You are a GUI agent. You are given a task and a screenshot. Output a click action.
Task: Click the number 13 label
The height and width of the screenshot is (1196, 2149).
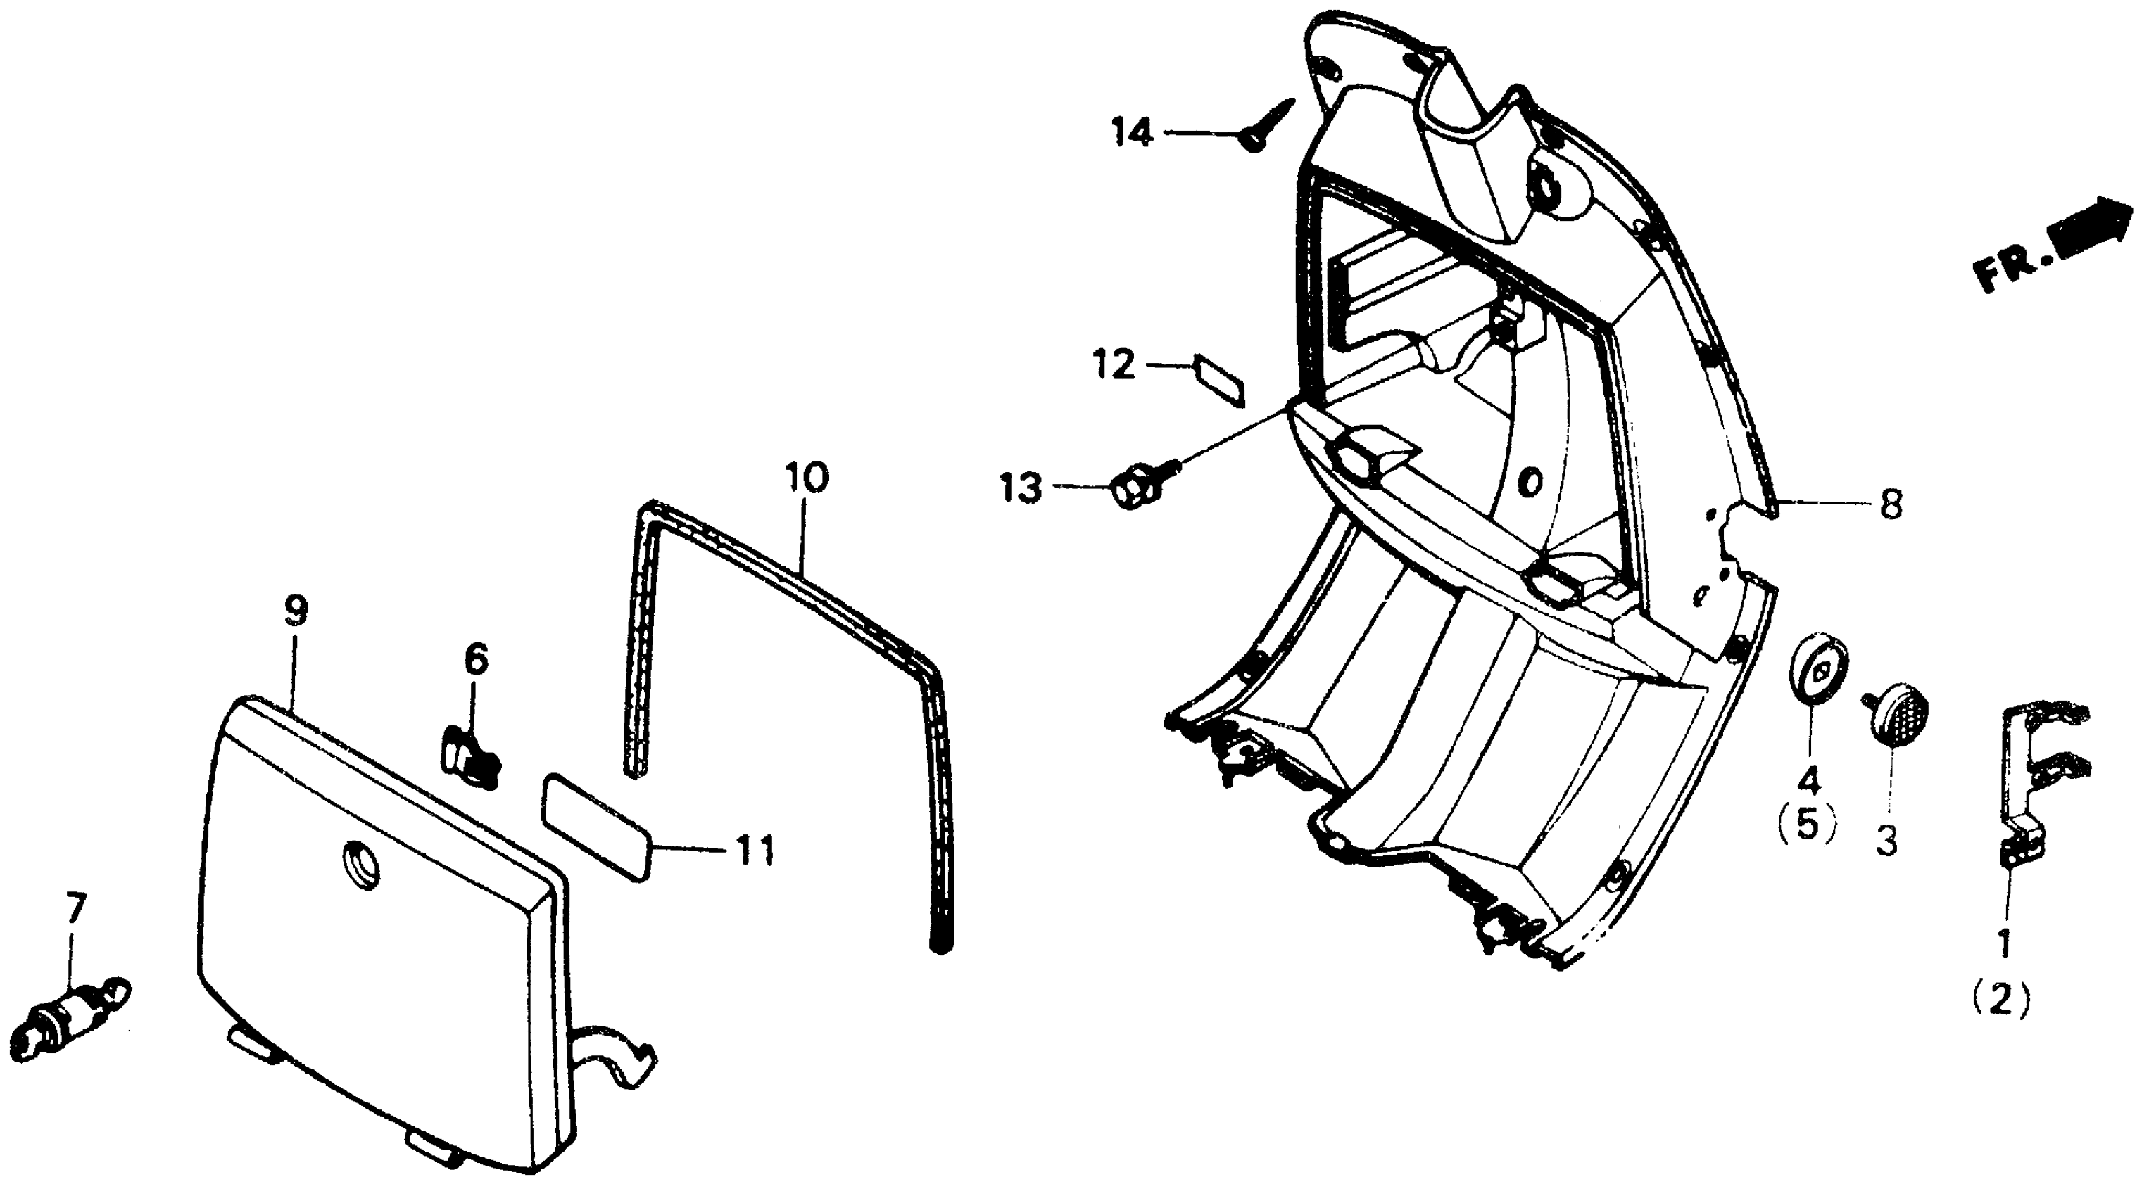(1022, 488)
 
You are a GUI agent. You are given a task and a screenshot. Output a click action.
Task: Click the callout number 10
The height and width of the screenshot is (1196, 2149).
(806, 478)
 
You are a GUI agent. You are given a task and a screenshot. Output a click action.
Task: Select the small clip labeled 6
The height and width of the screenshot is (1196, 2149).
(469, 755)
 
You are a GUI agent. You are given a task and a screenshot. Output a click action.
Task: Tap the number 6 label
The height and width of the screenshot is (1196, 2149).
(476, 660)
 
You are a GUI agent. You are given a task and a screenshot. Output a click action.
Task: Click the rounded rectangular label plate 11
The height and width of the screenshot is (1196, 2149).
(595, 827)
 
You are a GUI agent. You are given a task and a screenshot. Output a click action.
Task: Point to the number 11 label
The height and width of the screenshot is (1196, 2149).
(754, 851)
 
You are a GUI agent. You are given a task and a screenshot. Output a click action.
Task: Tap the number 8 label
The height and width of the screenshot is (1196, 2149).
(1891, 504)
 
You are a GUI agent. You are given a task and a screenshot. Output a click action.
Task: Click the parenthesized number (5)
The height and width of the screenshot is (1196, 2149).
(1806, 827)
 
